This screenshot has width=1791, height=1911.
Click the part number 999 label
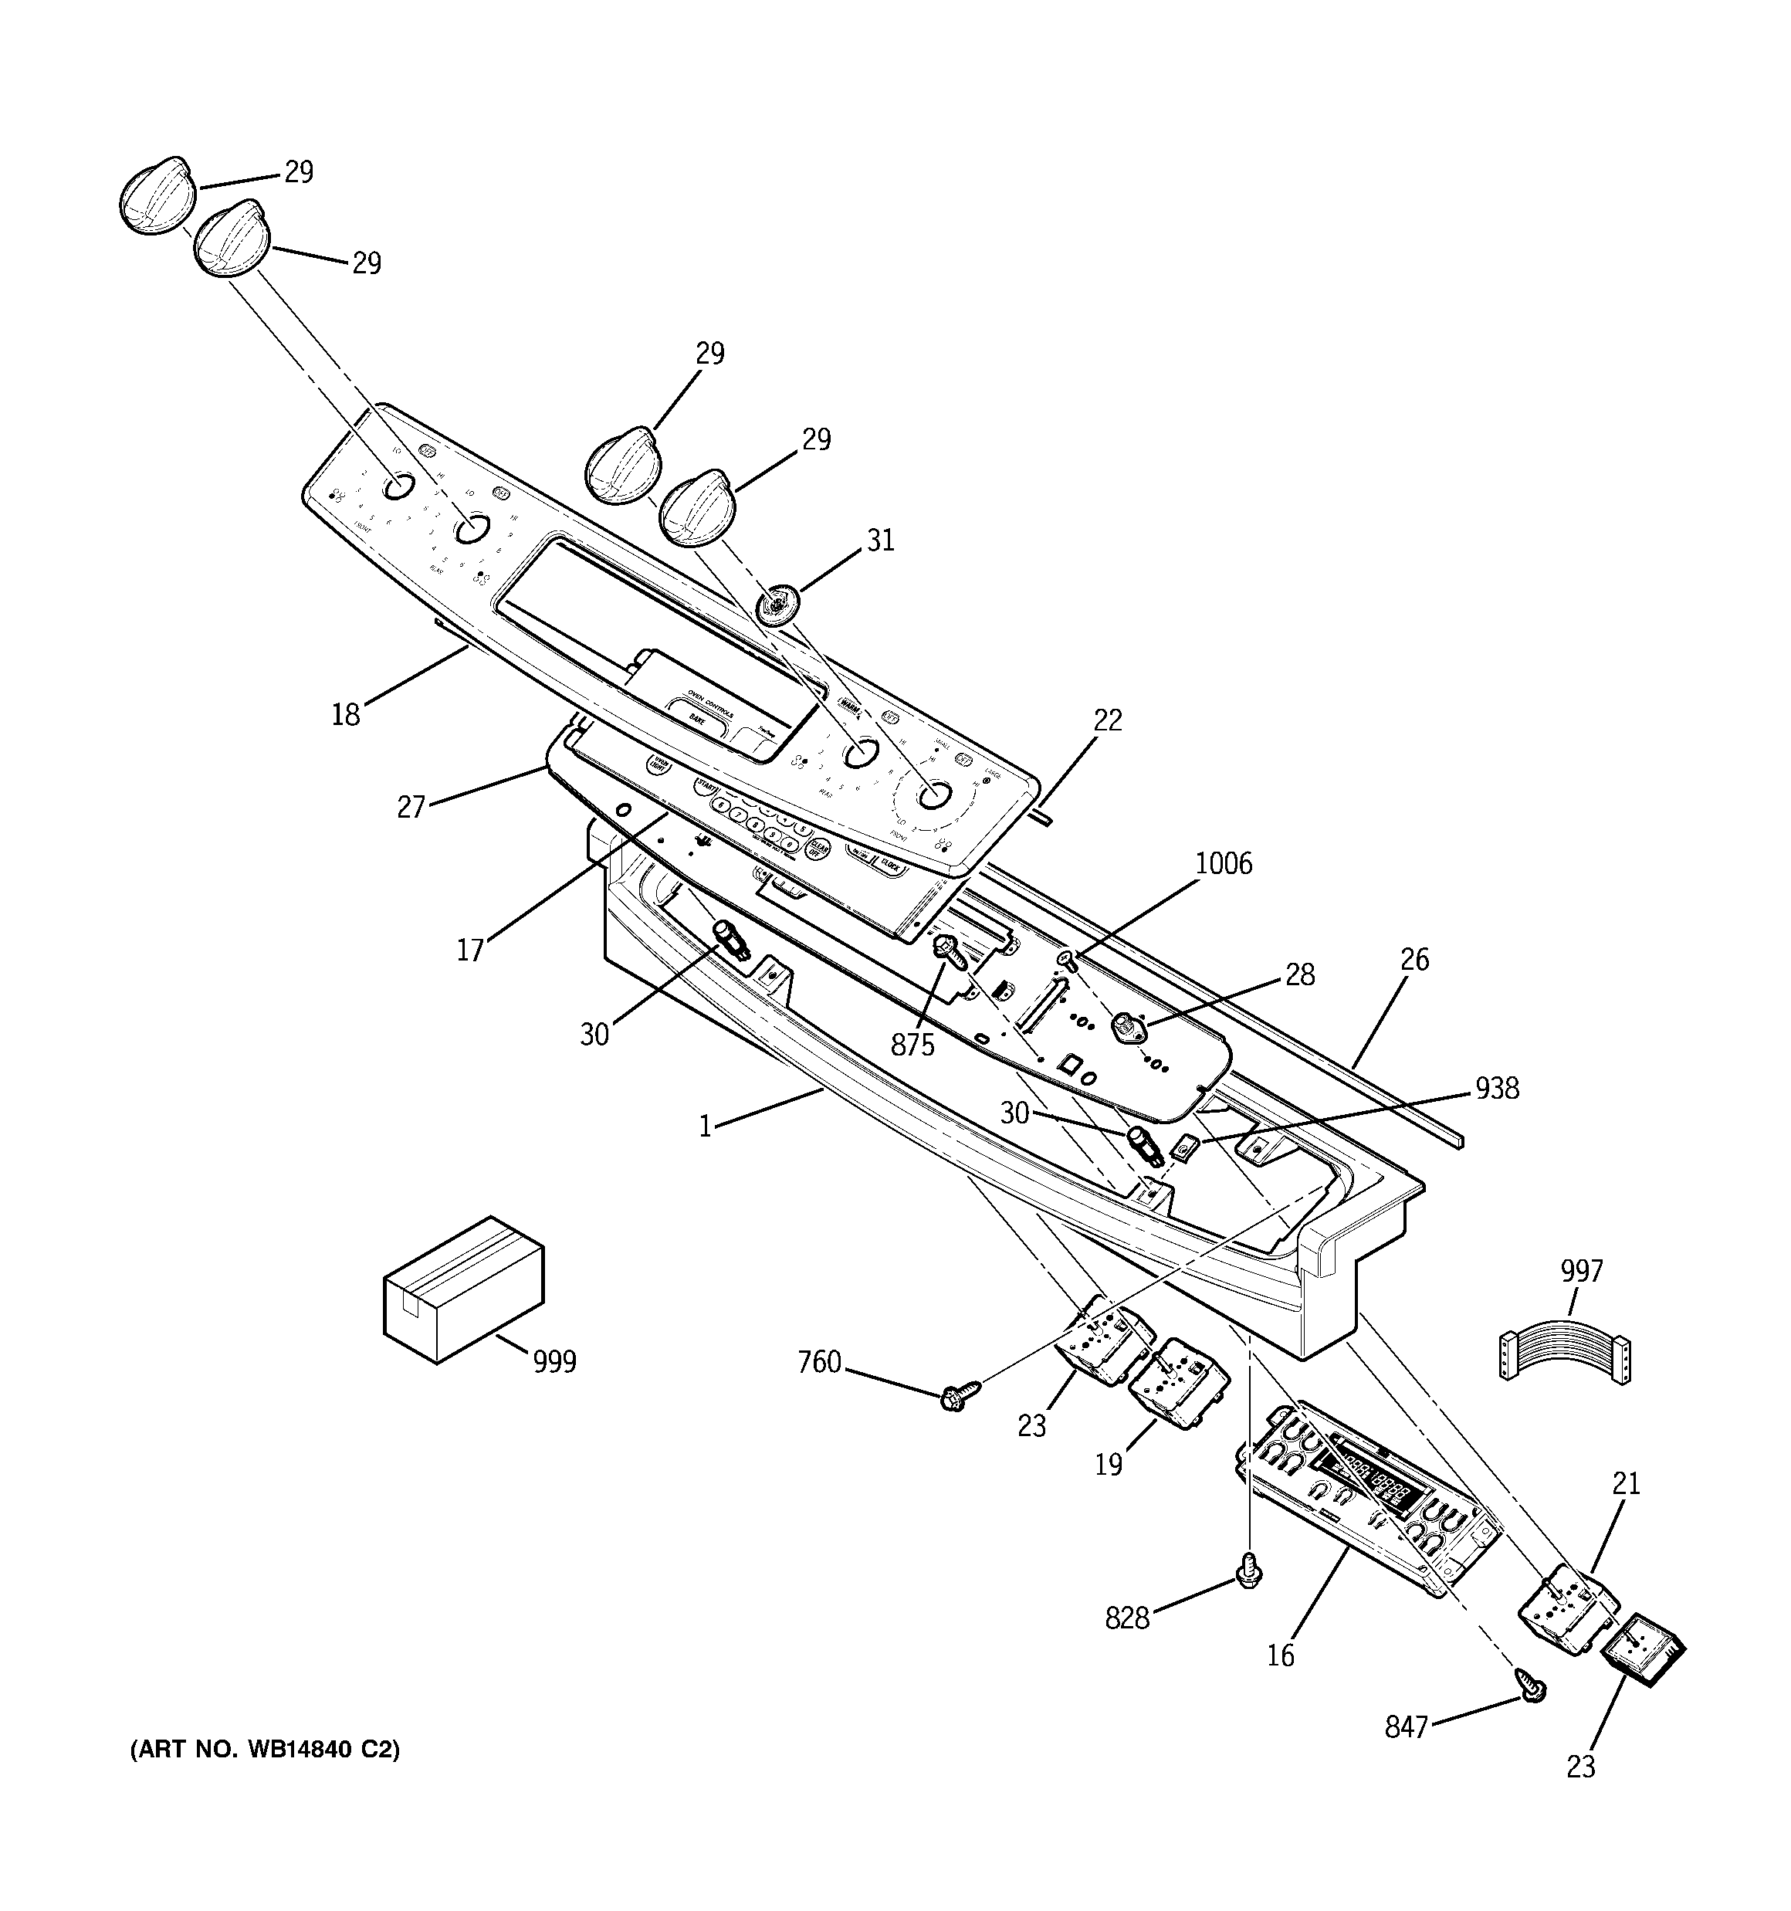(555, 1362)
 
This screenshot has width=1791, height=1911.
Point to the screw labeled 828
(1247, 1573)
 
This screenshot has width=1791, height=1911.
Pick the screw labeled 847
(1532, 1685)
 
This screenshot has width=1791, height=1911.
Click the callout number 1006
(1223, 863)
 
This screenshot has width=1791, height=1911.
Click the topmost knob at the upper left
(156, 195)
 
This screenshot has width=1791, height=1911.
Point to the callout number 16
(1281, 1655)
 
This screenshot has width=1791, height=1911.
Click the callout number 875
(912, 1045)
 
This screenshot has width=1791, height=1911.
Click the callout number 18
(345, 714)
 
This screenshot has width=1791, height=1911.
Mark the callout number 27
(411, 807)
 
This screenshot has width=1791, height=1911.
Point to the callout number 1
(705, 1126)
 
